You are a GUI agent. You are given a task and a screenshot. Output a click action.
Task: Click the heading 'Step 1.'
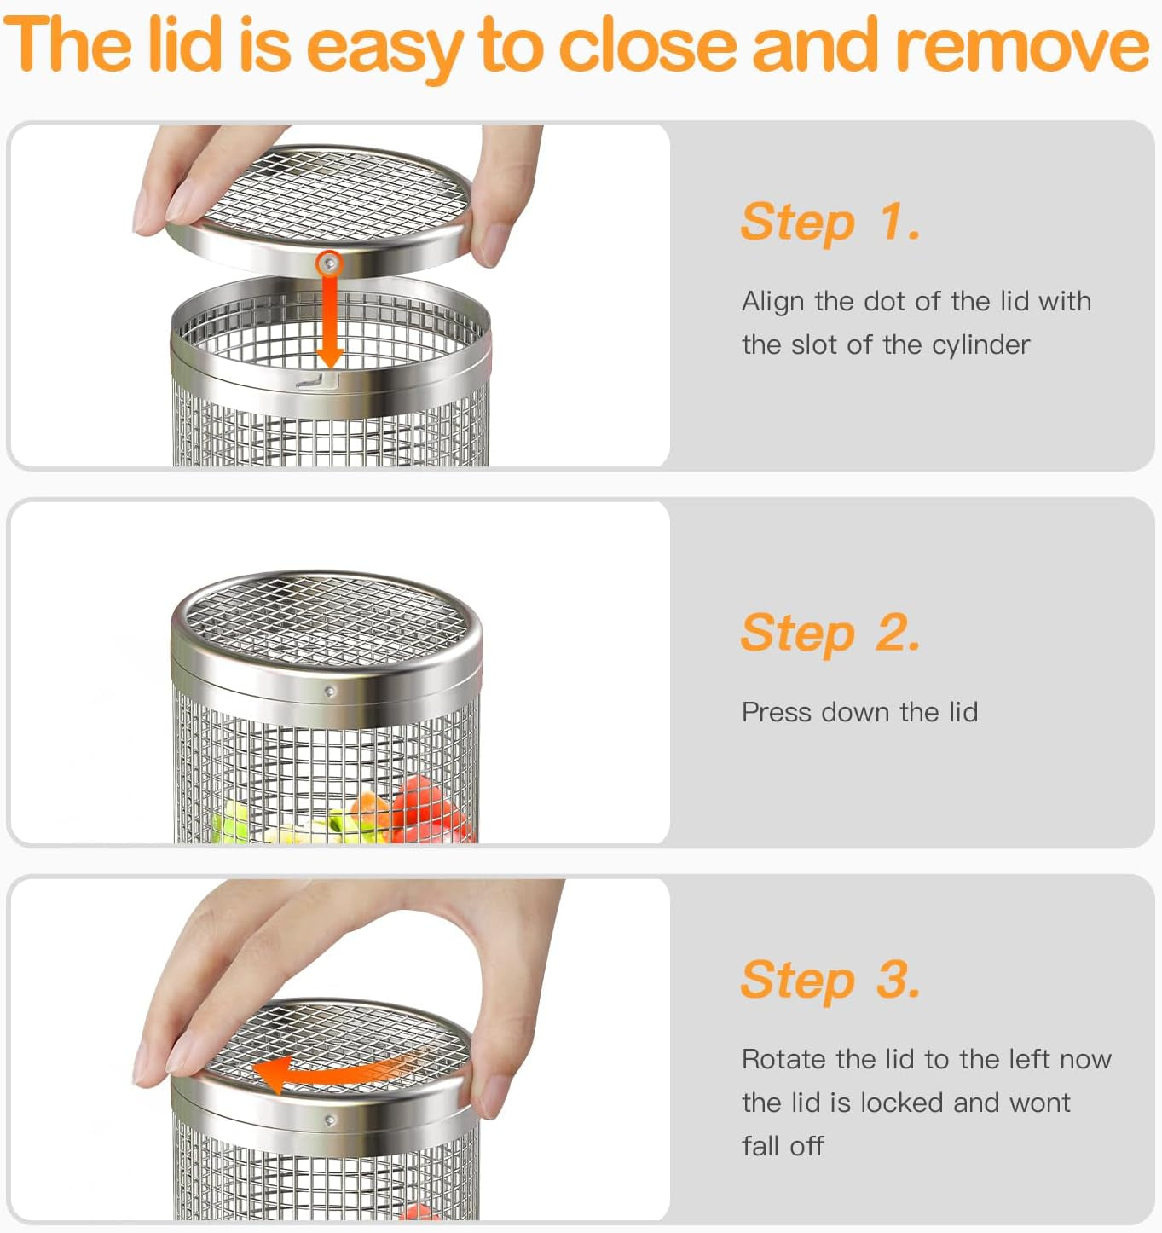830,222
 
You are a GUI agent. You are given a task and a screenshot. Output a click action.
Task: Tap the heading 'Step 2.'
830,633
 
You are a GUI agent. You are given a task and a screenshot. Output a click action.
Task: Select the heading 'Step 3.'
830,980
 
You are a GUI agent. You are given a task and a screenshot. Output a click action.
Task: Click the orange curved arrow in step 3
341,1070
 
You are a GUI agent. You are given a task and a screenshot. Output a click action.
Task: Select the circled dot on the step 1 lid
329,264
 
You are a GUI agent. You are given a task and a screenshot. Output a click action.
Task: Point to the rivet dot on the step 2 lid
330,692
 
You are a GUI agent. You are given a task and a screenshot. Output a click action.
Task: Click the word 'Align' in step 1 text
772,301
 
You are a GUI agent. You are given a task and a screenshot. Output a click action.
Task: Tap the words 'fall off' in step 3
783,1146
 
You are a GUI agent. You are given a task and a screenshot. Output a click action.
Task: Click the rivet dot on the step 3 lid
330,1120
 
